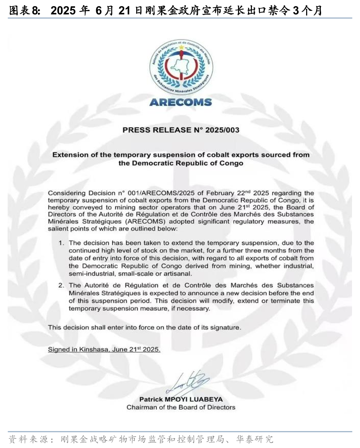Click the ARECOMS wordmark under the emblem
click(x=180, y=102)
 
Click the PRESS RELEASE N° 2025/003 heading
click(x=181, y=130)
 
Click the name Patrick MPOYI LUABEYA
click(x=181, y=399)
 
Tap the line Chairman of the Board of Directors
click(x=181, y=407)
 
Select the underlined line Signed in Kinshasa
click(x=104, y=349)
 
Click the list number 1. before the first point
click(x=62, y=243)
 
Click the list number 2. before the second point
click(x=62, y=285)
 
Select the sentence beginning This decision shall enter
click(x=144, y=327)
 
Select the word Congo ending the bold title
click(x=231, y=163)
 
